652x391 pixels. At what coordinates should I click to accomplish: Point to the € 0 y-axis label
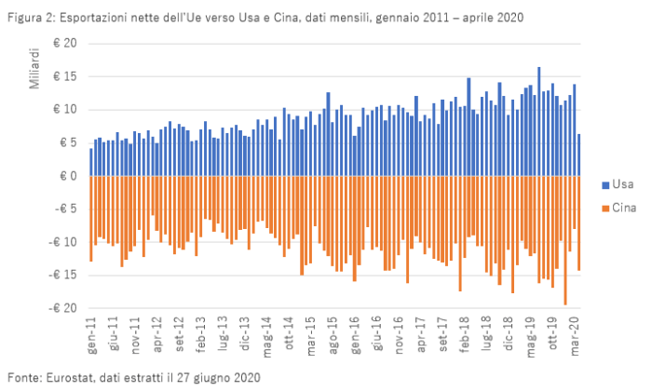(68, 176)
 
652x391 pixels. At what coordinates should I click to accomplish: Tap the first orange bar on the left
(90, 219)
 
